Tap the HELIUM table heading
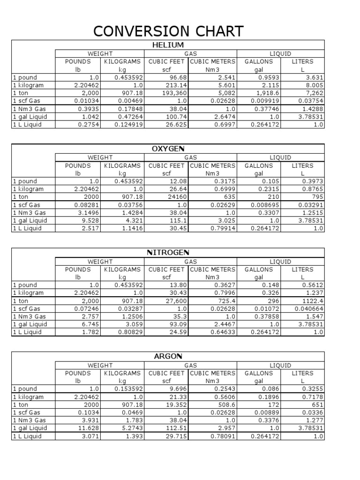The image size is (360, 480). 168,45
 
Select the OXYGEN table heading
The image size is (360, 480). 168,149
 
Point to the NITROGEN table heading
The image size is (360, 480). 168,253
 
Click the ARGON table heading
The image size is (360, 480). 168,357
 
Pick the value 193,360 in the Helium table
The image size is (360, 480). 172,93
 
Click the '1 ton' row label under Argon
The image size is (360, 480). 21,405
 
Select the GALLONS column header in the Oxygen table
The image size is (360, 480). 259,165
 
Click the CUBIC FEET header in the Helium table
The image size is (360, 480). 167,61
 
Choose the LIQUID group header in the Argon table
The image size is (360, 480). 280,365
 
